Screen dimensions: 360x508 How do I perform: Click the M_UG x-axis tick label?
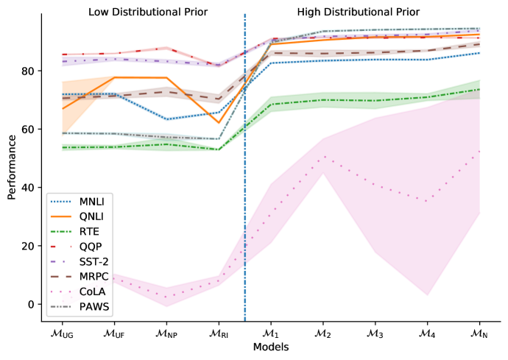click(x=63, y=333)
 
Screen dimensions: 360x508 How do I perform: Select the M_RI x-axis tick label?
click(x=218, y=333)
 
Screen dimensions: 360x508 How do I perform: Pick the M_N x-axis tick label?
click(x=479, y=333)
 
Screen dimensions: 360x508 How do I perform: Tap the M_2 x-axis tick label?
click(x=322, y=333)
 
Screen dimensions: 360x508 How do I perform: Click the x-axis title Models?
click(x=271, y=347)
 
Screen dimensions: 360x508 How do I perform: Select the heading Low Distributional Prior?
click(x=148, y=13)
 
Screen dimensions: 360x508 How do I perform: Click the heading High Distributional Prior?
click(x=359, y=13)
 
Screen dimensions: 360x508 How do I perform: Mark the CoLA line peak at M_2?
click(x=322, y=157)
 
